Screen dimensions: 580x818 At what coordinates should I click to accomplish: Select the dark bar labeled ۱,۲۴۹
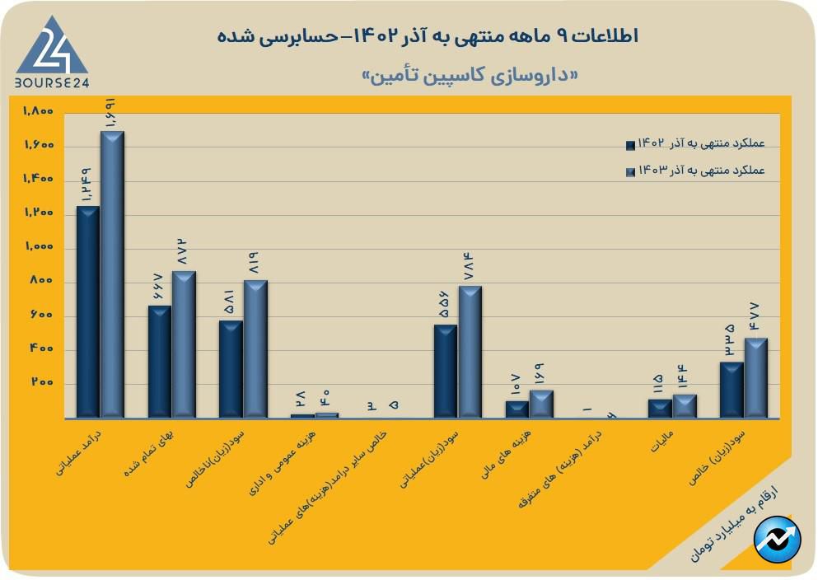87,311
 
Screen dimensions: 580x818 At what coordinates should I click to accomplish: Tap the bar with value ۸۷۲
184,344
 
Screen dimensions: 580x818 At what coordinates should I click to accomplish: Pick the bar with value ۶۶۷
160,361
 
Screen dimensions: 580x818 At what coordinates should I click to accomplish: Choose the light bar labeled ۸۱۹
255,348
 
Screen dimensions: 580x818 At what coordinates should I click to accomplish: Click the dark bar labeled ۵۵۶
446,371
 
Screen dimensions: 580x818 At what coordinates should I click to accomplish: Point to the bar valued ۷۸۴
470,351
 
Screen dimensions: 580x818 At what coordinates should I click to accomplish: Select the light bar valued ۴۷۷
755,377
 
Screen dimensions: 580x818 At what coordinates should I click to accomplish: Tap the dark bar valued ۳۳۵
732,389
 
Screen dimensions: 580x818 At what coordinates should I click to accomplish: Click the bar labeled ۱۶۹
541,404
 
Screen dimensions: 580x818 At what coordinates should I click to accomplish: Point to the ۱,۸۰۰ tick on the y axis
38,111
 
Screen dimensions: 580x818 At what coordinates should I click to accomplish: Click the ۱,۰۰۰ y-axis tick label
38,247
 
